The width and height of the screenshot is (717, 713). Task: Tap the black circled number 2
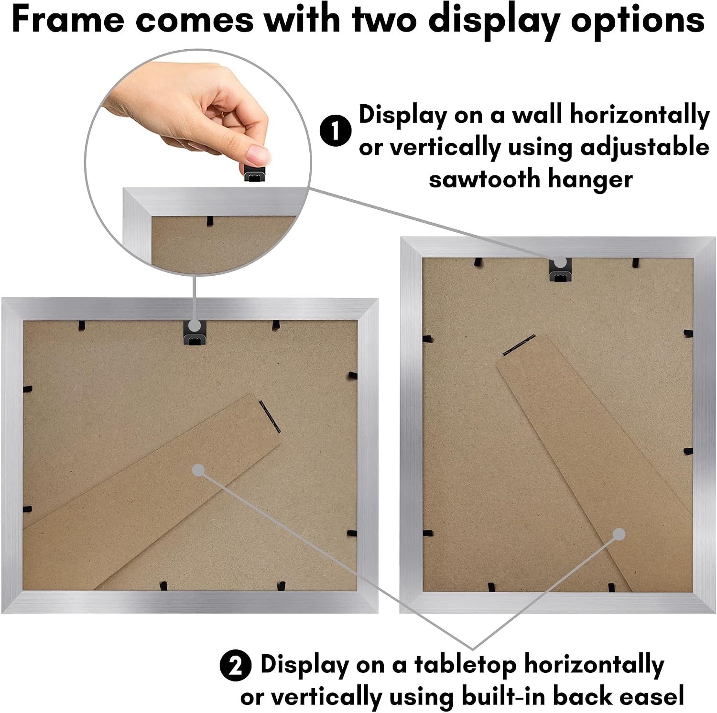coord(236,666)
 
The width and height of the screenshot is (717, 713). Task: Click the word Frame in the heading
coord(67,20)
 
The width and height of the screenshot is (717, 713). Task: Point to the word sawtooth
coord(484,180)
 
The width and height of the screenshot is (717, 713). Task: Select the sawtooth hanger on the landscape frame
coord(195,333)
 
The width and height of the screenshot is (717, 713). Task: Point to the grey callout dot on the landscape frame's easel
coord(198,470)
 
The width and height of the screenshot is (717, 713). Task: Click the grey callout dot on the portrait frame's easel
coord(619,535)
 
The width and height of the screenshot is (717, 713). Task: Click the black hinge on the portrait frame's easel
coord(518,345)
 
